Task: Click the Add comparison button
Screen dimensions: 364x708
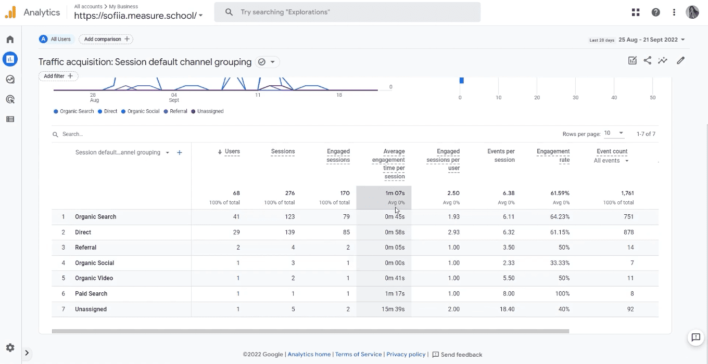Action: [106, 39]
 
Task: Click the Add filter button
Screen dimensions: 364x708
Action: [58, 76]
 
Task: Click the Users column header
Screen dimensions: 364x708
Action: [232, 151]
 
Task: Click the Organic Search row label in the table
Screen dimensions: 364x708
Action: [95, 217]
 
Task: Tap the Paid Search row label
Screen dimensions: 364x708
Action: [91, 294]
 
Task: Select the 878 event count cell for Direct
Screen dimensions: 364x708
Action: [628, 232]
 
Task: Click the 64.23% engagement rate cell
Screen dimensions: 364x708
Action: [560, 217]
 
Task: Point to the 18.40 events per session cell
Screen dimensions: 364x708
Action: [507, 309]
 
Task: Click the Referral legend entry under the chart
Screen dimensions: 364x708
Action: [178, 111]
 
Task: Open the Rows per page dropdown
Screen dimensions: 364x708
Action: [614, 134]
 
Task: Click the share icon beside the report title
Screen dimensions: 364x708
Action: [647, 61]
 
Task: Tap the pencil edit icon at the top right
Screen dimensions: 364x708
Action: [680, 61]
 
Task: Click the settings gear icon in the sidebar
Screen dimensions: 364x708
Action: [10, 348]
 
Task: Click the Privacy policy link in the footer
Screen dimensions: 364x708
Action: [406, 355]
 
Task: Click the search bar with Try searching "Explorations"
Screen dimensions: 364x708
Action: [347, 12]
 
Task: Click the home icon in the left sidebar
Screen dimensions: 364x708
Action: [10, 40]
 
